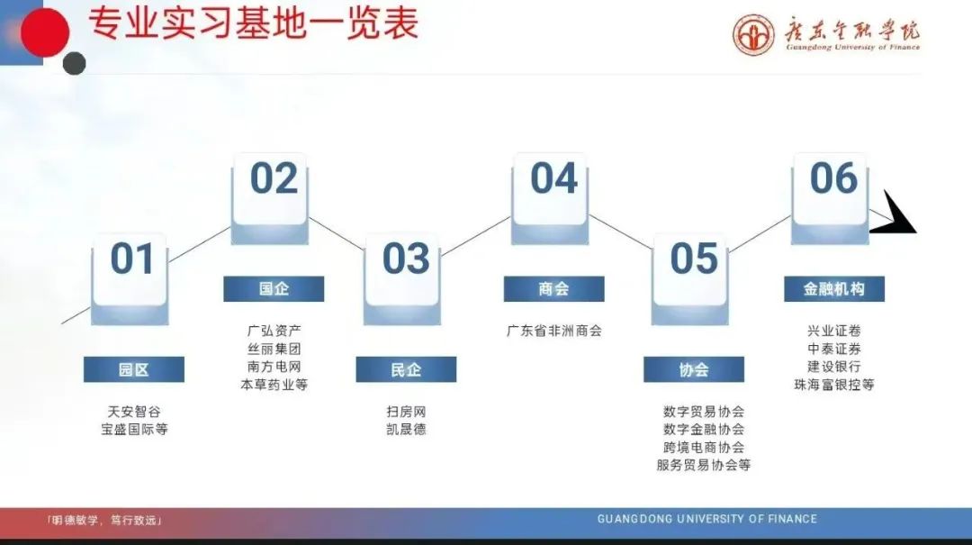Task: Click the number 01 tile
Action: pos(130,278)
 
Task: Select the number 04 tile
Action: pos(551,198)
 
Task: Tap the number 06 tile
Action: pos(830,198)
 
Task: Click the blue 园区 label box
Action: pos(134,369)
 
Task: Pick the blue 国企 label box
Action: pos(274,288)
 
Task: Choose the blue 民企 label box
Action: pos(406,369)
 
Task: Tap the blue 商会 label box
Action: pos(553,288)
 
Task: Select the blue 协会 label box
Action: pos(694,369)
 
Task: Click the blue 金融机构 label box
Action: pos(834,288)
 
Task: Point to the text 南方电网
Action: pos(274,367)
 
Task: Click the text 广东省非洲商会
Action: pos(554,331)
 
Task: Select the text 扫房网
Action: pos(406,412)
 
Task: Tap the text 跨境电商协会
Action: pos(704,447)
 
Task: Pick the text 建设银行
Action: pos(833,367)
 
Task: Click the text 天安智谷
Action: pos(134,412)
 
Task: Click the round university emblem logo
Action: pos(753,35)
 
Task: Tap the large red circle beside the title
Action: pos(45,32)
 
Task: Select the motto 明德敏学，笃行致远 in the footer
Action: pos(104,520)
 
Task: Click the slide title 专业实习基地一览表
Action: pos(253,23)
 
